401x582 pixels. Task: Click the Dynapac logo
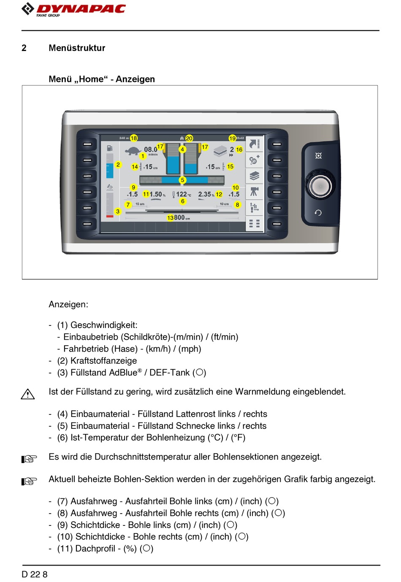(74, 9)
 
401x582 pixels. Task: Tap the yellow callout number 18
(134, 138)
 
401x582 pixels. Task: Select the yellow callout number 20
(189, 138)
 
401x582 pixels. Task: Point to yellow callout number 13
(170, 218)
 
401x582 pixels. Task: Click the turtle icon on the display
(133, 150)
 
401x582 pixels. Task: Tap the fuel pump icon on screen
(110, 148)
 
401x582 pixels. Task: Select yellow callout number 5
(183, 180)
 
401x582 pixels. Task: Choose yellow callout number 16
(239, 149)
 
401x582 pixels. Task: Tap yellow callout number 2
(118, 165)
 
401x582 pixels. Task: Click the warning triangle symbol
(28, 394)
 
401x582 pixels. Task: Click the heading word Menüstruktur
(77, 48)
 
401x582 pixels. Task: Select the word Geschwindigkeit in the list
(103, 325)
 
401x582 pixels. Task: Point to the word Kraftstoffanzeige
(103, 360)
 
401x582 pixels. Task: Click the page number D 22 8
(35, 574)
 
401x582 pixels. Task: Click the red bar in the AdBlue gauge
(110, 216)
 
